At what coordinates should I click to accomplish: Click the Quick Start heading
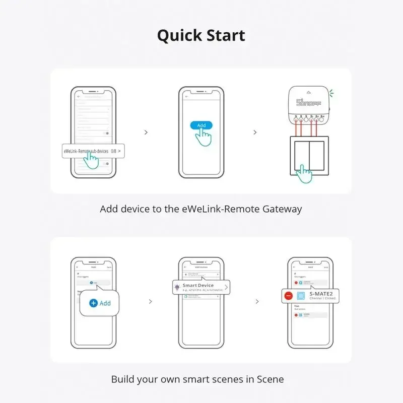pos(201,35)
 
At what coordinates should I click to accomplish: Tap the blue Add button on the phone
pos(201,125)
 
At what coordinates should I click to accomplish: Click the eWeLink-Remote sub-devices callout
pos(93,151)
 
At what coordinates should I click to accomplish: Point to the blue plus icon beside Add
pos(93,303)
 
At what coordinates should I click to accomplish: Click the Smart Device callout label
pos(198,286)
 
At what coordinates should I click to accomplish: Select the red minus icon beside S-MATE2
pos(288,296)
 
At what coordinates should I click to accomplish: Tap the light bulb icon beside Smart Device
pos(177,287)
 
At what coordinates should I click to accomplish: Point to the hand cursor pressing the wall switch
pos(304,175)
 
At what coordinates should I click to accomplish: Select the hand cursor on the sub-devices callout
pos(91,159)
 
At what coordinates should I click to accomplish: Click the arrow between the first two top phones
pos(146,132)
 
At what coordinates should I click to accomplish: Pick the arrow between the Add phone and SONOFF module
pos(255,132)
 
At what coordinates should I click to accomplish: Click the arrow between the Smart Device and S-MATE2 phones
pos(257,302)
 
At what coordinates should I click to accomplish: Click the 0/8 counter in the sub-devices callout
pos(113,151)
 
